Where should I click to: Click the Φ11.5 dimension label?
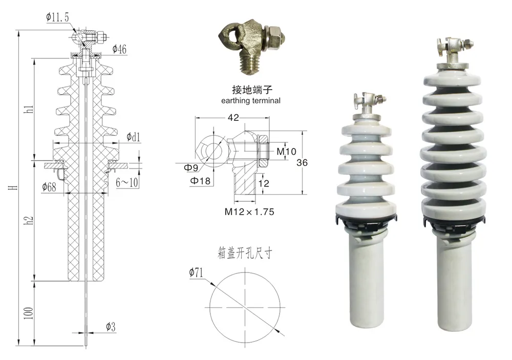(x=57, y=17)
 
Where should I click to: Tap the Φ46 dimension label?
(x=118, y=50)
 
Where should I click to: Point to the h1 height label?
(x=29, y=109)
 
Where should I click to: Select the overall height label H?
(x=12, y=188)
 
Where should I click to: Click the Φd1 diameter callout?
(x=133, y=137)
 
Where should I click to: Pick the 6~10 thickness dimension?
(x=127, y=182)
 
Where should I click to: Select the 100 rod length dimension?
(x=29, y=312)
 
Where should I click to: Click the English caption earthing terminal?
(x=251, y=101)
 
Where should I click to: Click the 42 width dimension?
(x=233, y=118)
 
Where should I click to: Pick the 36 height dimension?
(x=302, y=162)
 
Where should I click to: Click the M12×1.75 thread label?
(x=247, y=210)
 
